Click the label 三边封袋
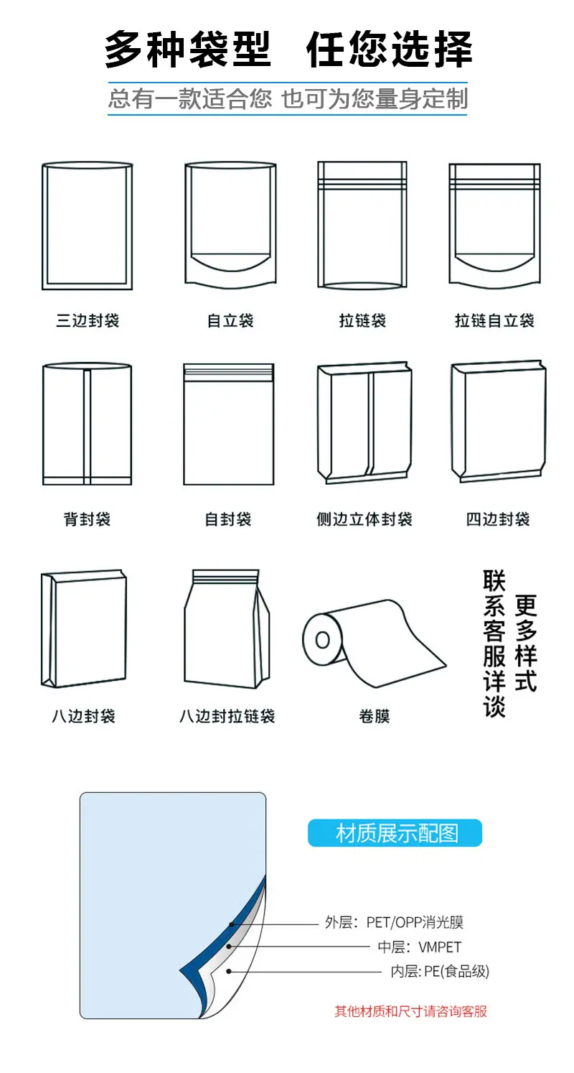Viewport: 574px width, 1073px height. (x=87, y=320)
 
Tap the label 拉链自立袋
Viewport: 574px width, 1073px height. (x=494, y=320)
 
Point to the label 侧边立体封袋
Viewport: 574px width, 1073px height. (x=364, y=519)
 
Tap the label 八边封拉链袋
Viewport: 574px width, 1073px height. (x=227, y=716)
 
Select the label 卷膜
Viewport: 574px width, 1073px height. (x=375, y=716)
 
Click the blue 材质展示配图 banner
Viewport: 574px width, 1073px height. (x=395, y=833)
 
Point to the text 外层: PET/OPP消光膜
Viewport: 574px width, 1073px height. (x=394, y=922)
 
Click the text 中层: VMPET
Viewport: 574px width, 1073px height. (x=419, y=947)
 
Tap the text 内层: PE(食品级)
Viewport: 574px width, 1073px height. (x=440, y=972)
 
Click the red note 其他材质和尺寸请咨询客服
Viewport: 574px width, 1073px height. (x=410, y=1011)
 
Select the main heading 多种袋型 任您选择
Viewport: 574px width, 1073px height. (x=288, y=50)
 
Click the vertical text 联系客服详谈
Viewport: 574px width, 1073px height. (x=494, y=643)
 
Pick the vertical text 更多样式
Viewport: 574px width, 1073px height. (x=526, y=643)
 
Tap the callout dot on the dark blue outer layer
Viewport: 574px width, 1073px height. (x=232, y=924)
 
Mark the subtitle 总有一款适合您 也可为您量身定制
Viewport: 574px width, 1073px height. (x=288, y=98)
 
